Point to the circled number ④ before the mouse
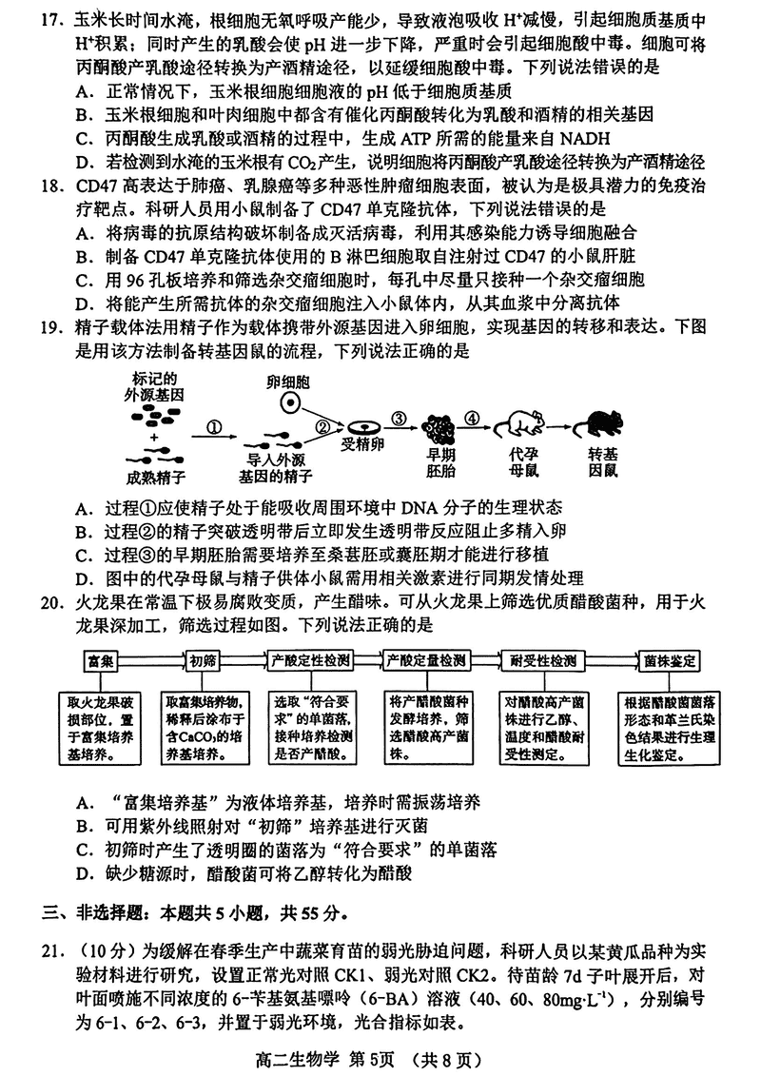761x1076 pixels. point(470,419)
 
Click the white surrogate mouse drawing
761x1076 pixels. point(525,424)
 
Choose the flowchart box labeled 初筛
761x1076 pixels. point(202,659)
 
